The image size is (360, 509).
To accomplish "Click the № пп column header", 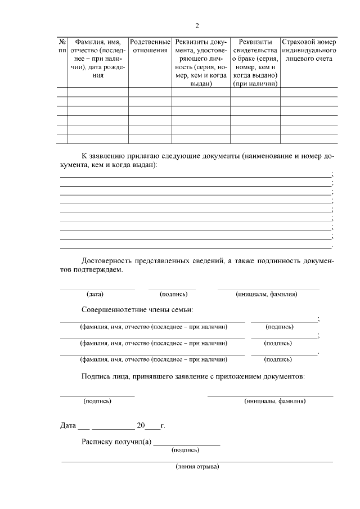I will (62, 46).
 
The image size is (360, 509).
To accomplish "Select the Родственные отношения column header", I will (150, 46).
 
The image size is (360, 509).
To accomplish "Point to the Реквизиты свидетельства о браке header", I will (255, 62).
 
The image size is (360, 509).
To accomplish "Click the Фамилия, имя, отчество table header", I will (98, 58).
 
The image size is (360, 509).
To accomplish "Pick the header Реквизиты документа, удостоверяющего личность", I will (201, 62).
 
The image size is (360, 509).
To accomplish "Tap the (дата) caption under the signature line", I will (95, 294).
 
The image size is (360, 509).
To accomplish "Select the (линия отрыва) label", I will (197, 467).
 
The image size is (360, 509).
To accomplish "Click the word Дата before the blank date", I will (67, 425).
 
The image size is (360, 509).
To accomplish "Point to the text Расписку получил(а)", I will (116, 442).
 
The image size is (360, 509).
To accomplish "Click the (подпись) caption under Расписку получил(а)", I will (185, 450).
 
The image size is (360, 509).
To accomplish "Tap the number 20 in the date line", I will (141, 425).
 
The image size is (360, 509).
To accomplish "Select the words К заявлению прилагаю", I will (120, 156).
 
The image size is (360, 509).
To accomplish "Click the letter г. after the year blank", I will (163, 426).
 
